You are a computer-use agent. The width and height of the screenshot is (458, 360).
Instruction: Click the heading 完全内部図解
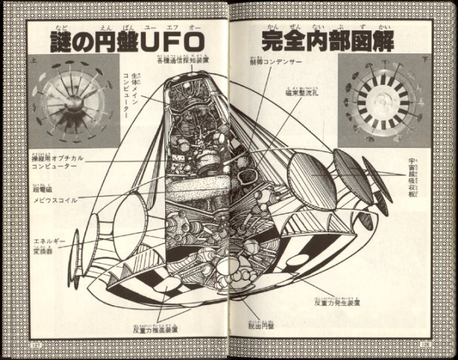coord(327,40)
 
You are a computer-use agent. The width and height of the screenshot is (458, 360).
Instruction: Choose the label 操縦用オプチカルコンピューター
coord(58,162)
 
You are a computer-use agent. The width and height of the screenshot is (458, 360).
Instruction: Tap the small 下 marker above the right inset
coord(428,63)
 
